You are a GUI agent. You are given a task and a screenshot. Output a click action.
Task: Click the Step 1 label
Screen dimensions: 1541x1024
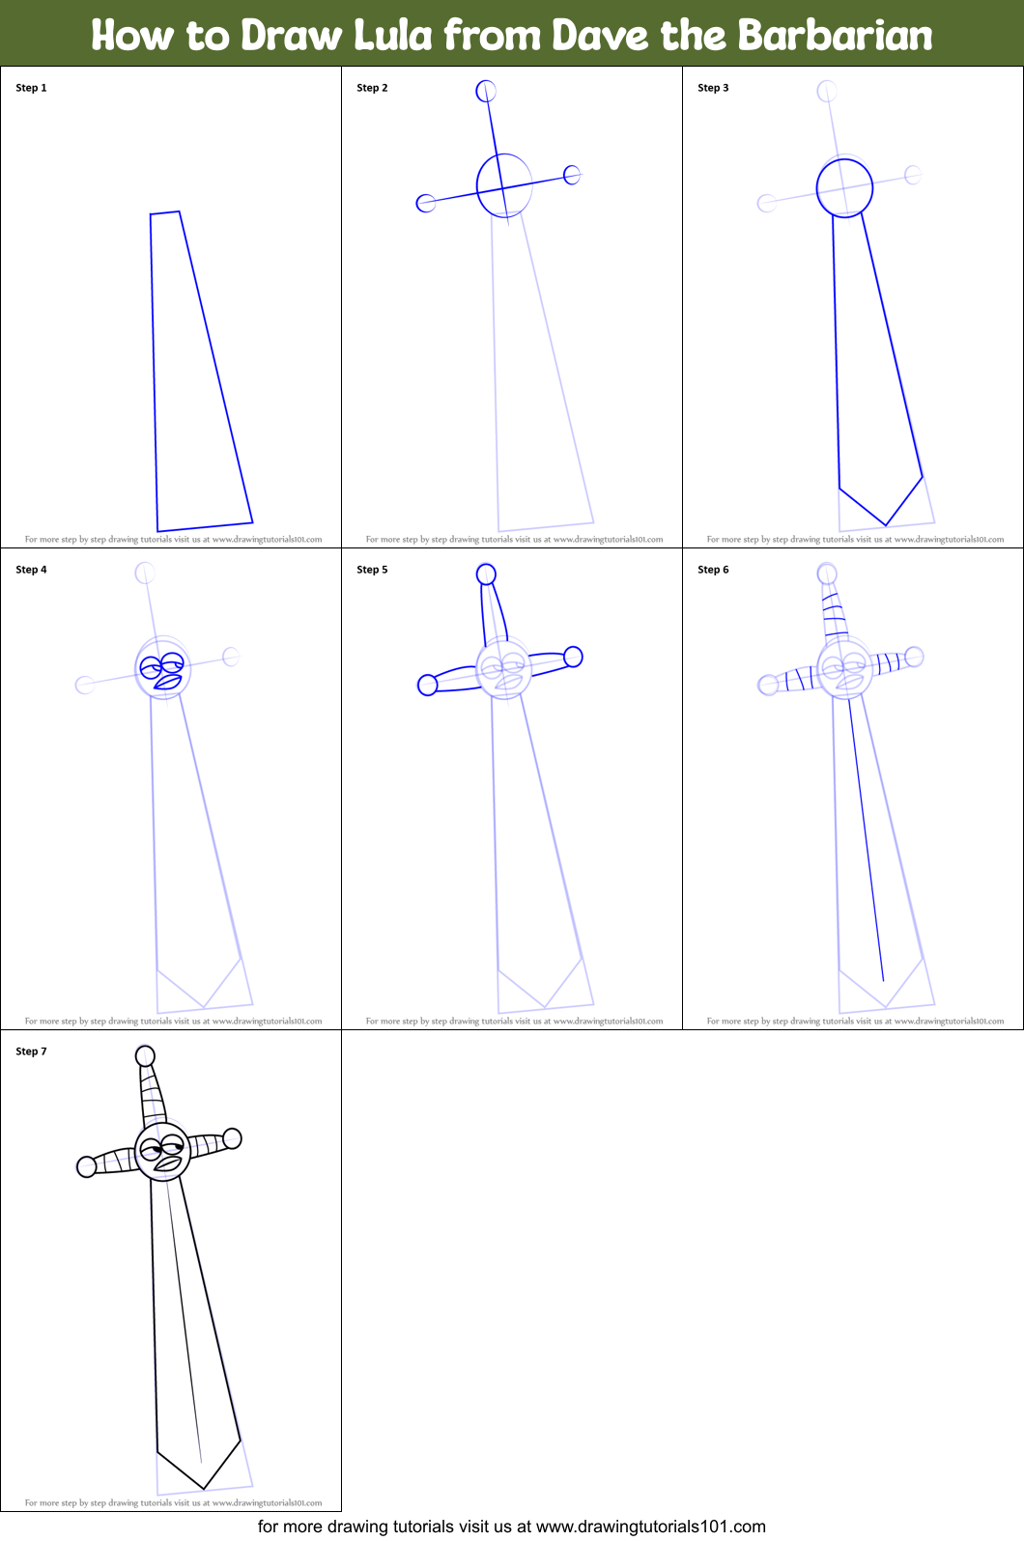pyautogui.click(x=31, y=88)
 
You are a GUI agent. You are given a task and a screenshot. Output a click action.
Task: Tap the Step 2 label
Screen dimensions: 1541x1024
pyautogui.click(x=372, y=88)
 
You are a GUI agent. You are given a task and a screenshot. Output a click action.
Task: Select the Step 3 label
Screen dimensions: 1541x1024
pyautogui.click(x=713, y=88)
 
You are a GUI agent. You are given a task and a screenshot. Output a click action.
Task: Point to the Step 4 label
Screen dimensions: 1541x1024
pyautogui.click(x=31, y=570)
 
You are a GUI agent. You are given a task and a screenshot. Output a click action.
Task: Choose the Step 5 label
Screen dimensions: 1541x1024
pyautogui.click(x=372, y=570)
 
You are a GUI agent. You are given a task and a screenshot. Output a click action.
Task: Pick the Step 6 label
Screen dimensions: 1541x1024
pyautogui.click(x=713, y=570)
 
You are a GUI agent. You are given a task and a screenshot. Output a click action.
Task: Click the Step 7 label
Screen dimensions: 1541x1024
pyautogui.click(x=31, y=1051)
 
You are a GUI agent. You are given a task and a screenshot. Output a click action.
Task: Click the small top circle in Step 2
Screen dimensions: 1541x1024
pyautogui.click(x=486, y=91)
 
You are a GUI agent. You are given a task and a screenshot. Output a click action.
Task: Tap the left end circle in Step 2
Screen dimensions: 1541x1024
pyautogui.click(x=425, y=203)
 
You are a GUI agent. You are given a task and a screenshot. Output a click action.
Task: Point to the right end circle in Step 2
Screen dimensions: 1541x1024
pyautogui.click(x=572, y=175)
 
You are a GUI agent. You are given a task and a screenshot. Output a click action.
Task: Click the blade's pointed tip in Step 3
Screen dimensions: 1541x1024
pyautogui.click(x=885, y=524)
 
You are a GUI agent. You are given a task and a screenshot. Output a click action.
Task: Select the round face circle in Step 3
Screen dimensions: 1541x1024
pyautogui.click(x=844, y=188)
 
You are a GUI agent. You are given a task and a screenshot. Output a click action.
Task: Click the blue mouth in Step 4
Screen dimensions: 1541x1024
pyautogui.click(x=168, y=682)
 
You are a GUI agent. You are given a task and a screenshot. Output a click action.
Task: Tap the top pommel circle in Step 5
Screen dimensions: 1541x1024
pyautogui.click(x=486, y=574)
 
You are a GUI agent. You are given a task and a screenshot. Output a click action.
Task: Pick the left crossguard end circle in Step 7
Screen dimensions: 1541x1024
pyautogui.click(x=86, y=1166)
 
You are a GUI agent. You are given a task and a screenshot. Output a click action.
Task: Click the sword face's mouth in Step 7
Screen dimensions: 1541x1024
pyautogui.click(x=168, y=1163)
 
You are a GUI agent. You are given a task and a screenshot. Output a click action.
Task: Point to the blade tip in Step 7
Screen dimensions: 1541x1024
pyautogui.click(x=203, y=1487)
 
